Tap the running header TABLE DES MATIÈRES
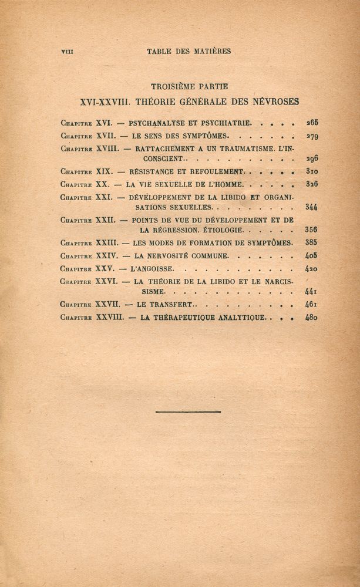(189, 51)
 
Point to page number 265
(311, 123)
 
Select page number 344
(311, 207)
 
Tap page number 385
(311, 242)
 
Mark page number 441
(311, 292)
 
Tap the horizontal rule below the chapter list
(189, 411)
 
